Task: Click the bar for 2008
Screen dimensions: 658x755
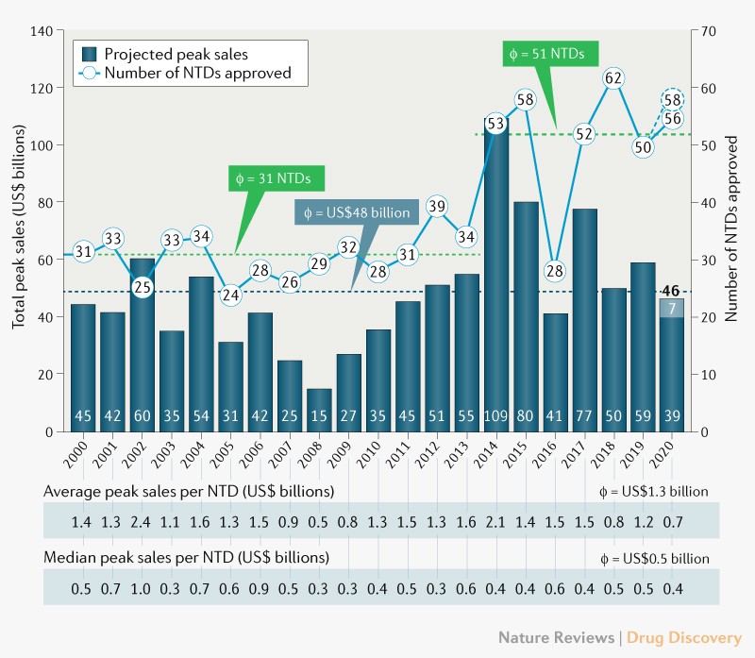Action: point(319,410)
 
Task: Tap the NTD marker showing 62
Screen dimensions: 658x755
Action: point(613,78)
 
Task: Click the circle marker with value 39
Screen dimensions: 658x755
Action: point(436,207)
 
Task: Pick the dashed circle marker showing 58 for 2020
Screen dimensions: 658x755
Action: point(673,99)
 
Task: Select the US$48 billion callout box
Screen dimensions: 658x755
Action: point(355,213)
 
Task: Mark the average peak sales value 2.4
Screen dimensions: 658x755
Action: point(143,520)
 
